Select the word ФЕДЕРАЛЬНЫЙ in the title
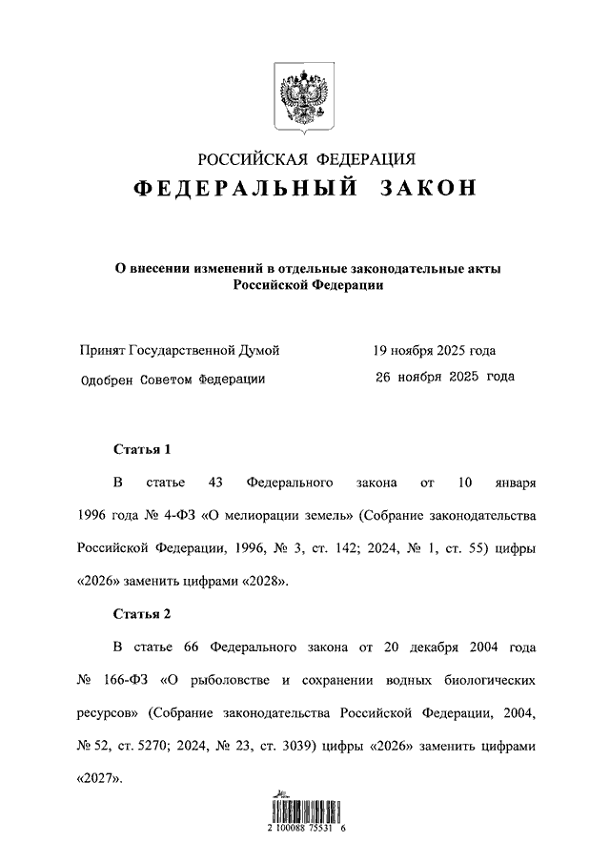pyautogui.click(x=246, y=190)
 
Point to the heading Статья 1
pyautogui.click(x=141, y=447)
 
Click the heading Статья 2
pyautogui.click(x=141, y=612)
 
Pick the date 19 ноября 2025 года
pyautogui.click(x=434, y=351)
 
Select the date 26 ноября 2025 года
pyautogui.click(x=444, y=377)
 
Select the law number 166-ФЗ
pyautogui.click(x=126, y=682)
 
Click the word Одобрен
pyautogui.click(x=111, y=378)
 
